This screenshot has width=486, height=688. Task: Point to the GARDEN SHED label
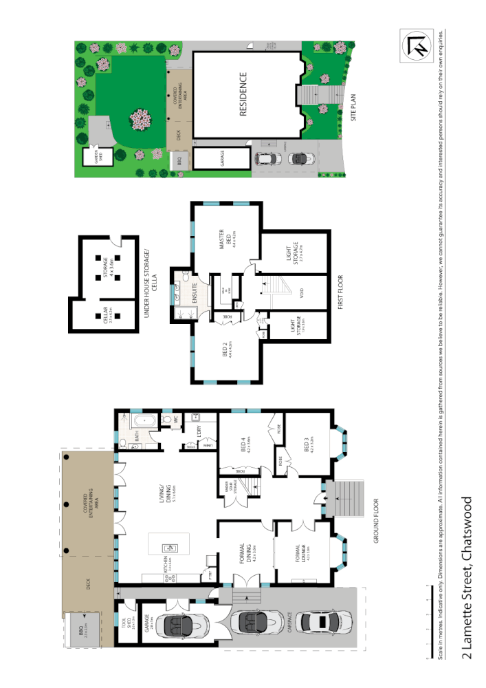click(x=89, y=157)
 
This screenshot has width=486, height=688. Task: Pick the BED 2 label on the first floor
click(x=223, y=350)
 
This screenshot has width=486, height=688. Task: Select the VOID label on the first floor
click(x=302, y=291)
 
